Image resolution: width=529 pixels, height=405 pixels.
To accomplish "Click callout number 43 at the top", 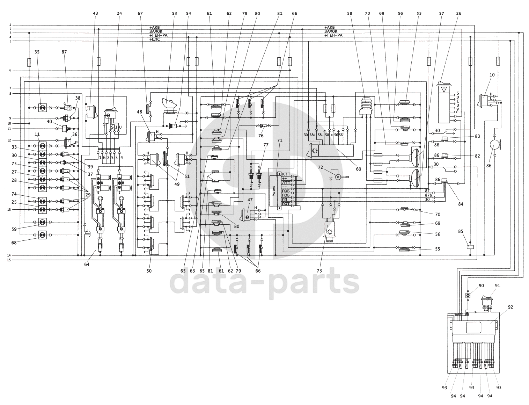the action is click(x=95, y=13).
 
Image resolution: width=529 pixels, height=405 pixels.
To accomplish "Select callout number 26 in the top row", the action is click(x=458, y=13).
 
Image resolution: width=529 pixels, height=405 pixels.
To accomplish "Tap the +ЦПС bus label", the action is click(x=156, y=40).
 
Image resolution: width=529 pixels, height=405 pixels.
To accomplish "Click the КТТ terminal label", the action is click(x=286, y=174).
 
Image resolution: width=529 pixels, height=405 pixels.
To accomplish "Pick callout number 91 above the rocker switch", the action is click(x=498, y=285).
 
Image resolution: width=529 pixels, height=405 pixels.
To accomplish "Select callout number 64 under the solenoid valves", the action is click(x=87, y=265).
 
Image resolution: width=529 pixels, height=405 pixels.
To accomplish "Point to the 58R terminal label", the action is click(x=313, y=135).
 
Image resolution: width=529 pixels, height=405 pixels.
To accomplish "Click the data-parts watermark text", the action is click(x=264, y=282).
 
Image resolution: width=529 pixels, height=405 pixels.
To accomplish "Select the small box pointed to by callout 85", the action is click(x=470, y=247).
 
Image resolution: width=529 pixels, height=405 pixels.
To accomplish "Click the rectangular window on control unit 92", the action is click(x=473, y=328).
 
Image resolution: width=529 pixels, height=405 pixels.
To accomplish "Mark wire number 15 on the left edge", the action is click(x=10, y=260).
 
